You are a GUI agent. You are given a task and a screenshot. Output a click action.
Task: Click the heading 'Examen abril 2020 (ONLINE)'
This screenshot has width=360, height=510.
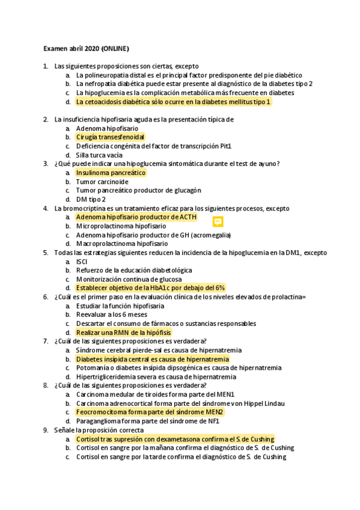click(86, 48)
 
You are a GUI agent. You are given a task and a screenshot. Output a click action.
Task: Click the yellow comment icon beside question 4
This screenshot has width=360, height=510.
click(218, 221)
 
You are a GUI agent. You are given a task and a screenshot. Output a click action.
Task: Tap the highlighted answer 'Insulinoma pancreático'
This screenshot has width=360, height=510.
click(111, 173)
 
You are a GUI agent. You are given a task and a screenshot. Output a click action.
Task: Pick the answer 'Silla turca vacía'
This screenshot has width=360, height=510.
click(99, 155)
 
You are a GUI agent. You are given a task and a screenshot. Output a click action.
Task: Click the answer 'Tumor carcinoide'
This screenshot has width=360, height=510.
click(102, 182)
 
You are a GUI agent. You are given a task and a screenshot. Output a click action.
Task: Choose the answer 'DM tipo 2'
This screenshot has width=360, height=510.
click(91, 199)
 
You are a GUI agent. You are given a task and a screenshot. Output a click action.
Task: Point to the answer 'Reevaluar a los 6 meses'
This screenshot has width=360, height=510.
click(111, 315)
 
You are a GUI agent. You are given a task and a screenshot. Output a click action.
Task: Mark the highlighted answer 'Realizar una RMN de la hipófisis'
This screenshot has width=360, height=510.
click(123, 333)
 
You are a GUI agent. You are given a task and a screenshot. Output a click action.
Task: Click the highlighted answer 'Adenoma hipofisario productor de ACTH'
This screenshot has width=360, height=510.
click(136, 217)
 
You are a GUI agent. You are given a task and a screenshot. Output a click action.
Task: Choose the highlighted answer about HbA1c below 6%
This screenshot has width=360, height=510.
click(150, 288)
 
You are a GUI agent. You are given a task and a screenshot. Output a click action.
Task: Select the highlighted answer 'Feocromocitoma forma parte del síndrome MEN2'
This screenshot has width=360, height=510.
click(150, 412)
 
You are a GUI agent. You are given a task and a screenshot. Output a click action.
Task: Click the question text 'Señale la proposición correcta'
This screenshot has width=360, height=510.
click(99, 430)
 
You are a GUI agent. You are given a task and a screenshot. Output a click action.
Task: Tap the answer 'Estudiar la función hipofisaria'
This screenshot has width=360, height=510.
click(120, 306)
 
